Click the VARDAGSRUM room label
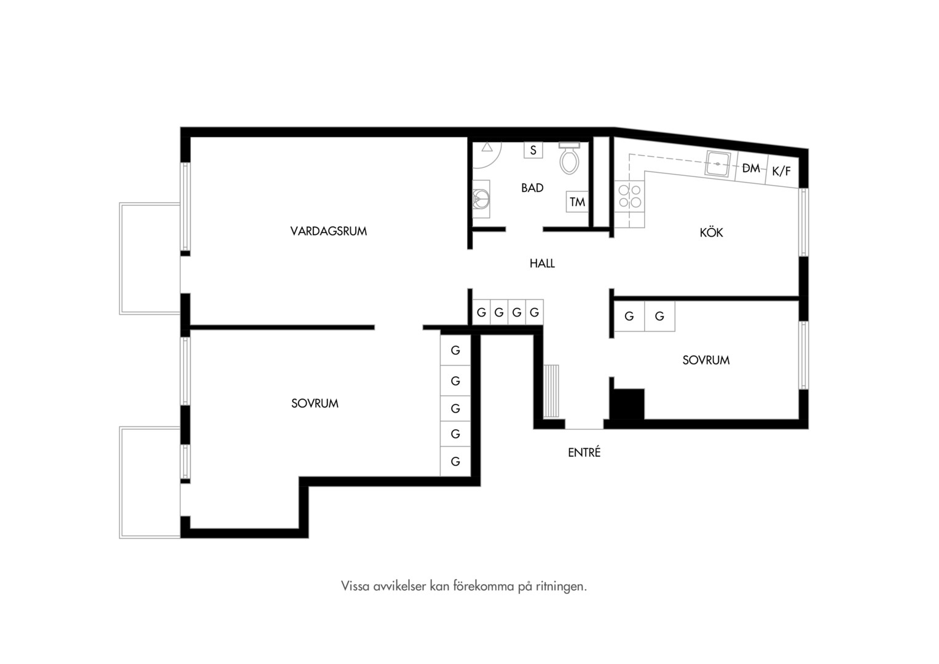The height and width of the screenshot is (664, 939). pyautogui.click(x=329, y=231)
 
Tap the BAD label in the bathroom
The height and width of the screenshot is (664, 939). pyautogui.click(x=532, y=188)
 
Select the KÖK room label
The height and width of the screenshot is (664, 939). pyautogui.click(x=712, y=232)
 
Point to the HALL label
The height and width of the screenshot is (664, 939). pyautogui.click(x=542, y=263)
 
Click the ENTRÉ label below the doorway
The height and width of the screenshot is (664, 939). pyautogui.click(x=584, y=452)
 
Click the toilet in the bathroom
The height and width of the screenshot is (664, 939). pyautogui.click(x=569, y=158)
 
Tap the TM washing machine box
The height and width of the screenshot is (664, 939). pyautogui.click(x=577, y=202)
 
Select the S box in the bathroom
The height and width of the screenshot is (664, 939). pyautogui.click(x=533, y=150)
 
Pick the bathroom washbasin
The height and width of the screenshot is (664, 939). pyautogui.click(x=481, y=199)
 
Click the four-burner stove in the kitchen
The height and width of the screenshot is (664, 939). pyautogui.click(x=630, y=196)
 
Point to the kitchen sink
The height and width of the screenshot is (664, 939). pyautogui.click(x=718, y=164)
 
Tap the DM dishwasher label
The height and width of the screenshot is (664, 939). pyautogui.click(x=751, y=168)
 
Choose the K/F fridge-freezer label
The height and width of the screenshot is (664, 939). pyautogui.click(x=782, y=171)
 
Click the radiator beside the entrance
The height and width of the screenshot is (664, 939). pyautogui.click(x=551, y=391)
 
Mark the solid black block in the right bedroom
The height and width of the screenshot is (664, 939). pyautogui.click(x=627, y=404)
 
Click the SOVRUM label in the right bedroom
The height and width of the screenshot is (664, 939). pyautogui.click(x=706, y=360)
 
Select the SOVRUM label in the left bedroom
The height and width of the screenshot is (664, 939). pyautogui.click(x=315, y=403)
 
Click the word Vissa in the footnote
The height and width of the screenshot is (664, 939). pyautogui.click(x=355, y=586)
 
